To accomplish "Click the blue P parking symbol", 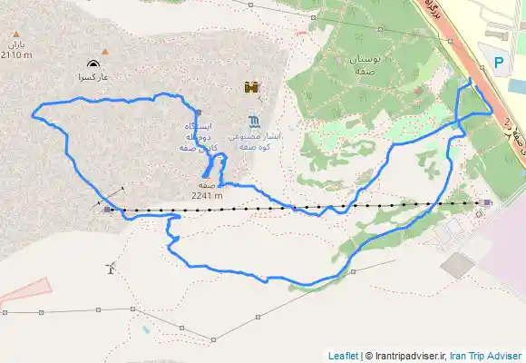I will coord(500,63).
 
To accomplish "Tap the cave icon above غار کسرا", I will coord(93,64).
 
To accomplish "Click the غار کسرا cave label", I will coord(92,78).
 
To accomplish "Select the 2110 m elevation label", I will coord(16,54).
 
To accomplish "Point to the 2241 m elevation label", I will coord(207,193).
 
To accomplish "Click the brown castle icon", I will coord(250,87).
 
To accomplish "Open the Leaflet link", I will coord(343,355).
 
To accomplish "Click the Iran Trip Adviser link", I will coord(487,355).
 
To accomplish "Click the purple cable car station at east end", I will coord(488,203).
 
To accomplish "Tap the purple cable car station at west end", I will coord(107,210).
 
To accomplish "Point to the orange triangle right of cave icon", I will coord(106,51).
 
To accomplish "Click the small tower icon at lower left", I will coord(111,268).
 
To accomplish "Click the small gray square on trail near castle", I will coord(198,113).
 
